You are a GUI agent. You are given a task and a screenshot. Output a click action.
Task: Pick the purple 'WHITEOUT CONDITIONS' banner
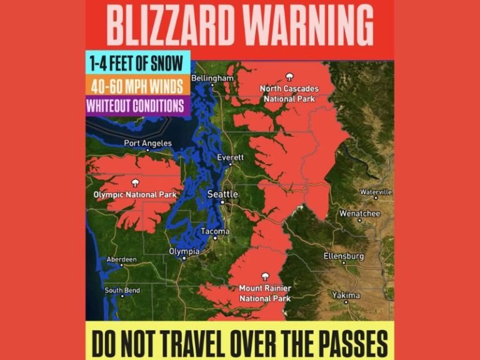tap(136, 104)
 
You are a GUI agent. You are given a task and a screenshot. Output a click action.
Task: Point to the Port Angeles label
tap(147, 143)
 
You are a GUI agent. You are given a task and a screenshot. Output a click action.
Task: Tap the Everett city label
tap(230, 158)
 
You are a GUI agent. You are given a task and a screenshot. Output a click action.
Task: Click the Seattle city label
tap(222, 194)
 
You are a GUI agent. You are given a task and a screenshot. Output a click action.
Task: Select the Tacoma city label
tap(215, 231)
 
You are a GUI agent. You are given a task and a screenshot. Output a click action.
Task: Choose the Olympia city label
tap(184, 251)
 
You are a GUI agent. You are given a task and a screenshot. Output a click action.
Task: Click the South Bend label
tap(122, 290)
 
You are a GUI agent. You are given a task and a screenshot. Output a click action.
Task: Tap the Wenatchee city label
tap(359, 213)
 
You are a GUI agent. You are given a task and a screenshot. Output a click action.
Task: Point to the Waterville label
tap(376, 192)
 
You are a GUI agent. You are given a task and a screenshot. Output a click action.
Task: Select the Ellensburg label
tap(343, 256)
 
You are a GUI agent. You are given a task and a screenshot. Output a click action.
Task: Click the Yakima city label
tap(346, 295)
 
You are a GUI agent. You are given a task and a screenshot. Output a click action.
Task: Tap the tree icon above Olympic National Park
tap(135, 183)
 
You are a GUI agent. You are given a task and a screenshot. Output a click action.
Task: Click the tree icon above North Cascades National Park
tap(289, 77)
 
